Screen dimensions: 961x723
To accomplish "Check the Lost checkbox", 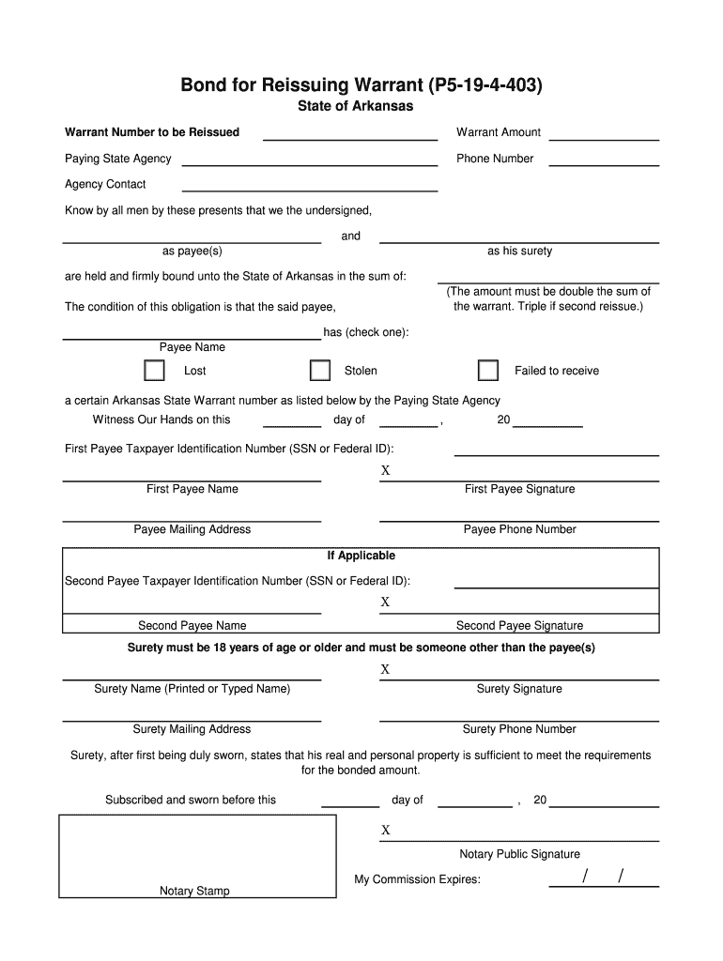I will [154, 371].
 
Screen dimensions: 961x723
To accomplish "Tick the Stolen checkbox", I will [320, 371].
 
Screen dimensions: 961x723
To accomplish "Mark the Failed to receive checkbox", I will [488, 371].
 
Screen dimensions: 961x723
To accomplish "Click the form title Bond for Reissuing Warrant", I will [361, 86].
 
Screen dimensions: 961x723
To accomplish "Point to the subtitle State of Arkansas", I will [355, 107].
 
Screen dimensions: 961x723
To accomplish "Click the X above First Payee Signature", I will [385, 470].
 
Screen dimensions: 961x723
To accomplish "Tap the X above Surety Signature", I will [385, 670].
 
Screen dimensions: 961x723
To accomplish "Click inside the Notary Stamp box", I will [197, 854].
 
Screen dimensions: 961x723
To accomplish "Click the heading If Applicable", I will [361, 556].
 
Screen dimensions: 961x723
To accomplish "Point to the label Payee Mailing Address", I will [192, 529].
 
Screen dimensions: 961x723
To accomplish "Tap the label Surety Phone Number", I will [519, 729].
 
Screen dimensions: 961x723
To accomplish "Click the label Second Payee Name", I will [192, 626].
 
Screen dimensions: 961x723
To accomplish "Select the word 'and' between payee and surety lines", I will [350, 236].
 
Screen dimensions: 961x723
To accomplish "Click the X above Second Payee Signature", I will [385, 603].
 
